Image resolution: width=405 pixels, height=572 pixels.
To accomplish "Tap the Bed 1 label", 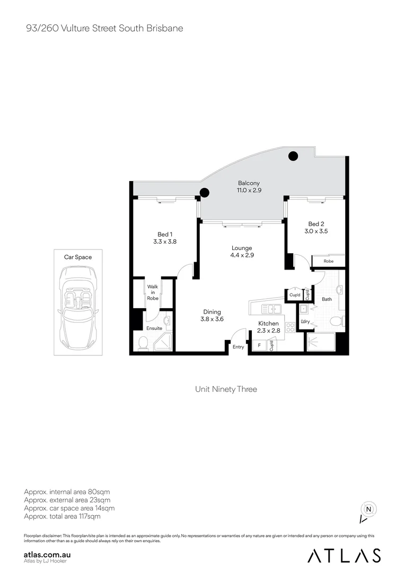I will pos(165,234).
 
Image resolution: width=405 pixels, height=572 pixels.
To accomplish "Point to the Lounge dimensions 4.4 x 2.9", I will pos(242,255).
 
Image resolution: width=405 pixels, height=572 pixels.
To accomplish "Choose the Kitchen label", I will pos(268,324).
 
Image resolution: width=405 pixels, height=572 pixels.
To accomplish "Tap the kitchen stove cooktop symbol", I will pos(290,327).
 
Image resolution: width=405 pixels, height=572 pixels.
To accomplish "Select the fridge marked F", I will pos(259,345).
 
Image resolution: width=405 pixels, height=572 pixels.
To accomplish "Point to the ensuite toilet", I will pos(143,344).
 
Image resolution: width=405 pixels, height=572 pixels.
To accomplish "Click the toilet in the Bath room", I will pos(336,321).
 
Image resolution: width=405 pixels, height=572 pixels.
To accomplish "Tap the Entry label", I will pos(239,347).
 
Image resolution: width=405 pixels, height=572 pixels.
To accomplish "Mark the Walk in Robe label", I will pos(153,292).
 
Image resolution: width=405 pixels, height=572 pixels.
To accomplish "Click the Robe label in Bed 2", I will pos(328,261).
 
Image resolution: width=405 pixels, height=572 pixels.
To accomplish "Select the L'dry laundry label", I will pos(305,321).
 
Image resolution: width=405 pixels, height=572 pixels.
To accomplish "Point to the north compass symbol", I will pos(368,510).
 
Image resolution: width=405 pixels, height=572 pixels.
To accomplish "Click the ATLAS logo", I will pos(344,555).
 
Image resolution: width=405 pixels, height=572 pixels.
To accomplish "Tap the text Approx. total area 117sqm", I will pos(62,516).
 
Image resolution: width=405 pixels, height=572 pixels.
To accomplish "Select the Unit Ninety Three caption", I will pos(226,389).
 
